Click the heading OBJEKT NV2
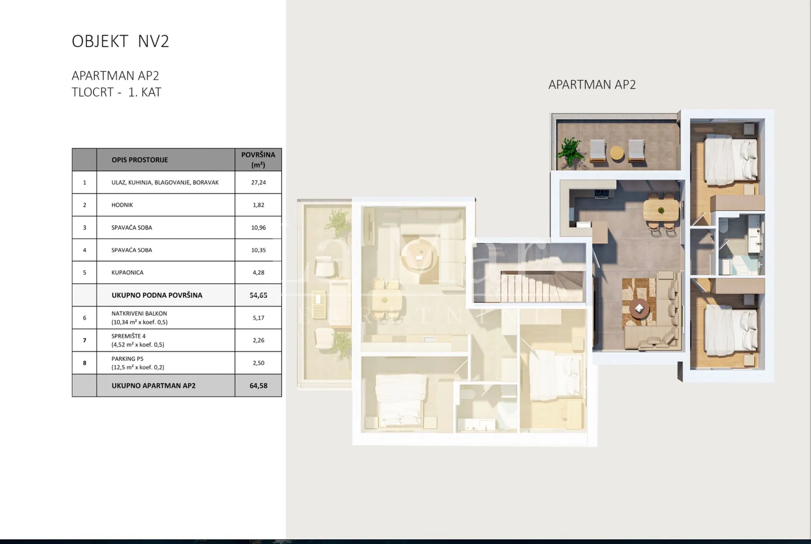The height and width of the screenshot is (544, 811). click(120, 41)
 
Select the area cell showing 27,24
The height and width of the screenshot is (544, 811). click(258, 182)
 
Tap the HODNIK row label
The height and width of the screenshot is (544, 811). click(122, 205)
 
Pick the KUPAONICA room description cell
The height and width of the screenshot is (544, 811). click(166, 273)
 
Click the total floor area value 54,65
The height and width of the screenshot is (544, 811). click(258, 295)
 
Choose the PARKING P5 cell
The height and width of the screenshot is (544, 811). click(166, 363)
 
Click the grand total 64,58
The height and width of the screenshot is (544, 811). click(258, 386)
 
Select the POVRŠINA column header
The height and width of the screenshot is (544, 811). click(258, 160)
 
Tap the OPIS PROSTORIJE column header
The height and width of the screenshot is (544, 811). click(139, 160)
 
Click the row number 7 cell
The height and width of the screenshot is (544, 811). click(84, 340)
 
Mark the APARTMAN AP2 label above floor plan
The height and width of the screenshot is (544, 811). click(592, 85)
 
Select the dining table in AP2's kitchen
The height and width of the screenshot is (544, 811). click(661, 209)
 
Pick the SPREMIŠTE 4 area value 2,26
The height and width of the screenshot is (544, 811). click(258, 341)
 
